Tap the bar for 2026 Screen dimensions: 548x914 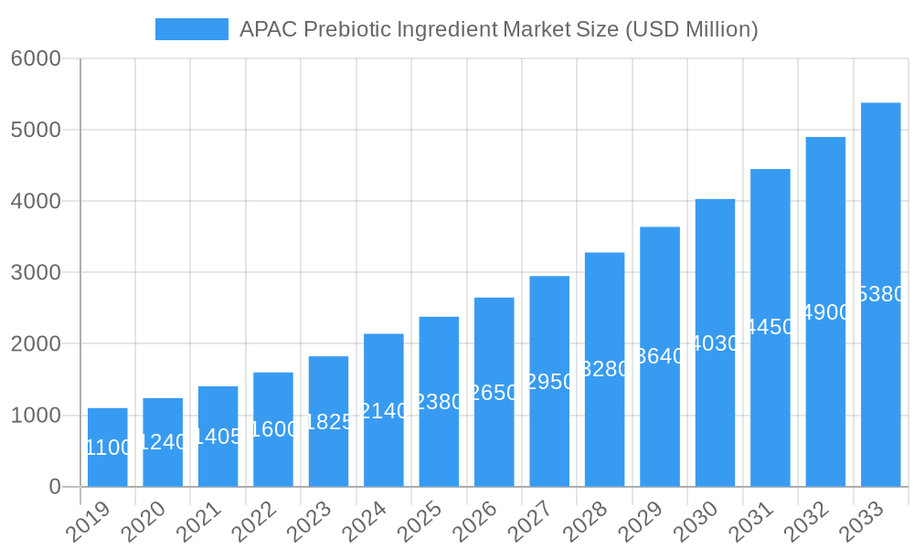point(494,392)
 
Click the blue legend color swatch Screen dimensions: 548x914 point(192,29)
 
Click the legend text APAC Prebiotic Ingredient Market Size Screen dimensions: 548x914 point(498,29)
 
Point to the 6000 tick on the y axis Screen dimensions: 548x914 point(36,58)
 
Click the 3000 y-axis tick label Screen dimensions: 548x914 point(36,272)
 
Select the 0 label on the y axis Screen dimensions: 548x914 point(54,487)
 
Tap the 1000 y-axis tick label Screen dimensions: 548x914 point(36,416)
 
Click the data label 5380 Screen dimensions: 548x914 point(881,294)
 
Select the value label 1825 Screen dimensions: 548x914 point(328,421)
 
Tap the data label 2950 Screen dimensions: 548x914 point(549,381)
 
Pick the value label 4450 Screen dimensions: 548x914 point(771,327)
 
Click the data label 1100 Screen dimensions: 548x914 point(108,448)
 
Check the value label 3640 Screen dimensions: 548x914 point(660,356)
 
